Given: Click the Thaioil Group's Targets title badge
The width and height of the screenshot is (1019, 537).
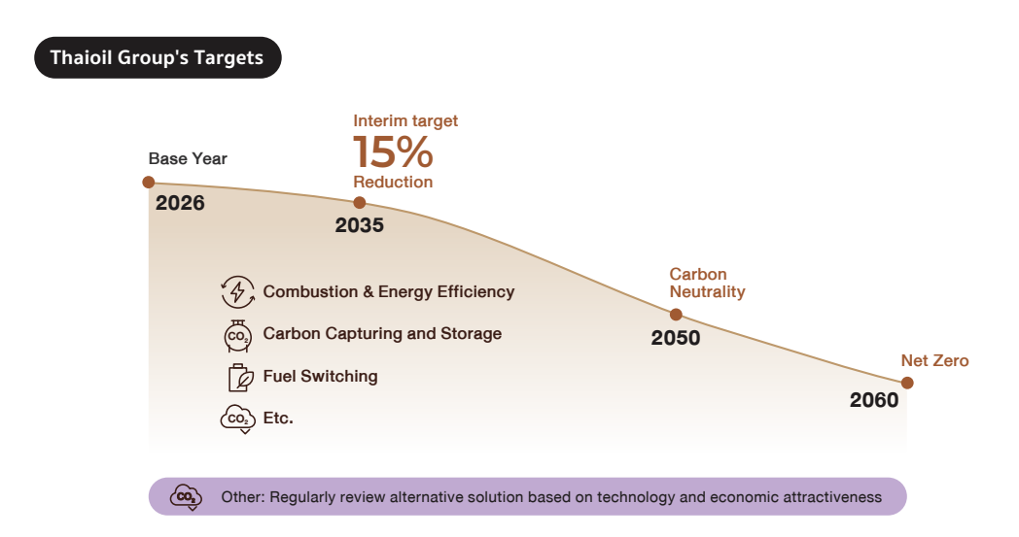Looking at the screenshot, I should (x=158, y=57).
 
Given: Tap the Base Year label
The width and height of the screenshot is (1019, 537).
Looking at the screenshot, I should (x=187, y=158).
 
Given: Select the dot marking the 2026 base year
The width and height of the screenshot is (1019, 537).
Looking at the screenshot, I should (x=149, y=182).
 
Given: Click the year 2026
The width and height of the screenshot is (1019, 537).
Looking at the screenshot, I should (x=180, y=204).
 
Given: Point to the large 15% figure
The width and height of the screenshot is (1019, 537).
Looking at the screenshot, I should (x=392, y=152).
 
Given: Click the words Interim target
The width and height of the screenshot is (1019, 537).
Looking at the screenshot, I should (x=404, y=121).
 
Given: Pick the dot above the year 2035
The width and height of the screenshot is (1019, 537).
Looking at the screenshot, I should (x=360, y=202).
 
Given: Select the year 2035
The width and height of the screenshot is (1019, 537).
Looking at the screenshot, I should (x=360, y=225).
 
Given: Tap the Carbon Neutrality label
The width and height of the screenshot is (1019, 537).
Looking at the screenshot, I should (x=707, y=283).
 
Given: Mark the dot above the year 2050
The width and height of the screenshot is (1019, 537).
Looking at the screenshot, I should (x=676, y=315).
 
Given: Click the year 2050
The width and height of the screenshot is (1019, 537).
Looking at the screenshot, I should (x=676, y=339).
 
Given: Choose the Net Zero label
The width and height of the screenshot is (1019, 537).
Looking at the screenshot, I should (x=934, y=361).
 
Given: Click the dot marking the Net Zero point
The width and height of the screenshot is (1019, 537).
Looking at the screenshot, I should (x=908, y=383).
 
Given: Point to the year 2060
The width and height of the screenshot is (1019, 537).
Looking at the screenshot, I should (x=874, y=400).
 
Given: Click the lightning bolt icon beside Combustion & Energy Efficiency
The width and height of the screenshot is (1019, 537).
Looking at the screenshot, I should (x=237, y=291).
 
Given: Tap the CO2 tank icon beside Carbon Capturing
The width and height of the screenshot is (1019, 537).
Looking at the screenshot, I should (x=236, y=334).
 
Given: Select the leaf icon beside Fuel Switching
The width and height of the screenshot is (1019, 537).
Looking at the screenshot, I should (x=239, y=377).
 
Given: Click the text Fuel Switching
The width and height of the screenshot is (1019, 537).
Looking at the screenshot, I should (x=320, y=376).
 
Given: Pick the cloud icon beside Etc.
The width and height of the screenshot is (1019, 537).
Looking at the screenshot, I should (x=236, y=419).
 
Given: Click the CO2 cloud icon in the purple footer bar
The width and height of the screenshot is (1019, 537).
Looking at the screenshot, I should (x=185, y=497).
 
